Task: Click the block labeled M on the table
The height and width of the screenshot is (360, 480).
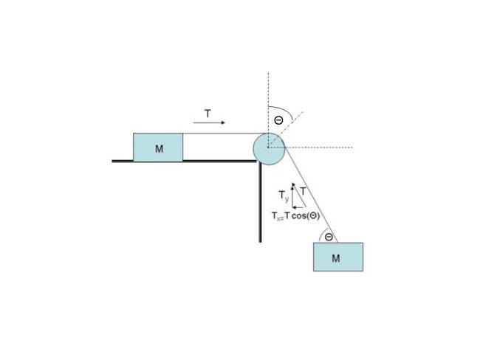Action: (158, 147)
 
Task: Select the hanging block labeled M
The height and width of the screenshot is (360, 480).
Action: (338, 257)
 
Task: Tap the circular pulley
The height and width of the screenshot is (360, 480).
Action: (269, 149)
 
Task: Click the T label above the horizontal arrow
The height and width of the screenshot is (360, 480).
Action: (208, 114)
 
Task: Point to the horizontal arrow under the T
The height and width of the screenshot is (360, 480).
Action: (209, 122)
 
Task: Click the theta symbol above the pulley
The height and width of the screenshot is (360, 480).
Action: (278, 120)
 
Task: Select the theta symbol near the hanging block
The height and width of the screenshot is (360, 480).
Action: (329, 237)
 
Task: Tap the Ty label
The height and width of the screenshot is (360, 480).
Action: (284, 195)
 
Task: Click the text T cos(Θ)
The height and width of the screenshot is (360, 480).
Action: (302, 216)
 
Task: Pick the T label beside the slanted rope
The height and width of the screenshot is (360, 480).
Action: (303, 192)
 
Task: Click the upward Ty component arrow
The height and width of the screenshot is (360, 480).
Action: (292, 195)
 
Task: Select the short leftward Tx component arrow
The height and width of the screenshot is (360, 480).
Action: (298, 207)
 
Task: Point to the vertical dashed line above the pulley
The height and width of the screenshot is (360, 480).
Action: (269, 110)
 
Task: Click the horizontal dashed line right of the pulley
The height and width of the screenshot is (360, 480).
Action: (310, 148)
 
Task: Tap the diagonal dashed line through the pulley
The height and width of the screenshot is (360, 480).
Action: (286, 130)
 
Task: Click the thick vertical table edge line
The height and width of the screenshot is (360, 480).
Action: (260, 201)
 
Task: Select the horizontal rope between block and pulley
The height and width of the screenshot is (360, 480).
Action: (224, 133)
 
